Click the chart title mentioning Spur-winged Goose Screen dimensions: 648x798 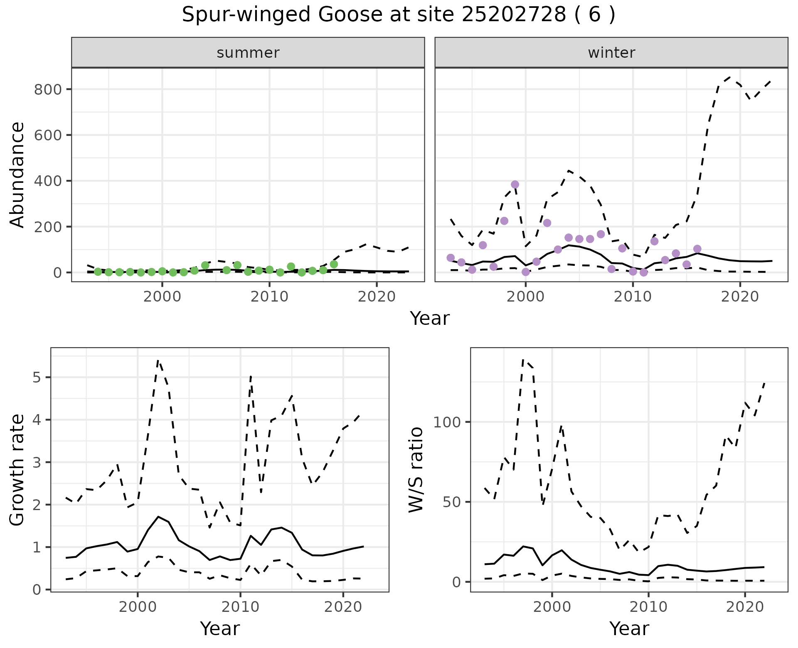pos(399,15)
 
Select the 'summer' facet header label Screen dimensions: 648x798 pos(248,53)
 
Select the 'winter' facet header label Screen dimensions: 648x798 pos(611,53)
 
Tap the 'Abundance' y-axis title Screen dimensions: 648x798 pos(17,174)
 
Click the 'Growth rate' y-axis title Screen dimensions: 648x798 pos(17,470)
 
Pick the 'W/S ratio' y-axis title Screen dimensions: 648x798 pos(416,469)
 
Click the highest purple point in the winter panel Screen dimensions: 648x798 pos(515,184)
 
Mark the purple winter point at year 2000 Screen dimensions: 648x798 pos(526,272)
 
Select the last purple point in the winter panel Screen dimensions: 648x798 pos(697,249)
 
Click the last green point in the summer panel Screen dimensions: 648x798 pos(334,264)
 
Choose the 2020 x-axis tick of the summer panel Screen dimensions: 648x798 pos(377,297)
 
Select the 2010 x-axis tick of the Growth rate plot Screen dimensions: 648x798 pos(240,607)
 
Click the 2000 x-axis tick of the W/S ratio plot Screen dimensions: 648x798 pos(552,607)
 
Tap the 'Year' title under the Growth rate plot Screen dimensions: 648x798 pos(220,628)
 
